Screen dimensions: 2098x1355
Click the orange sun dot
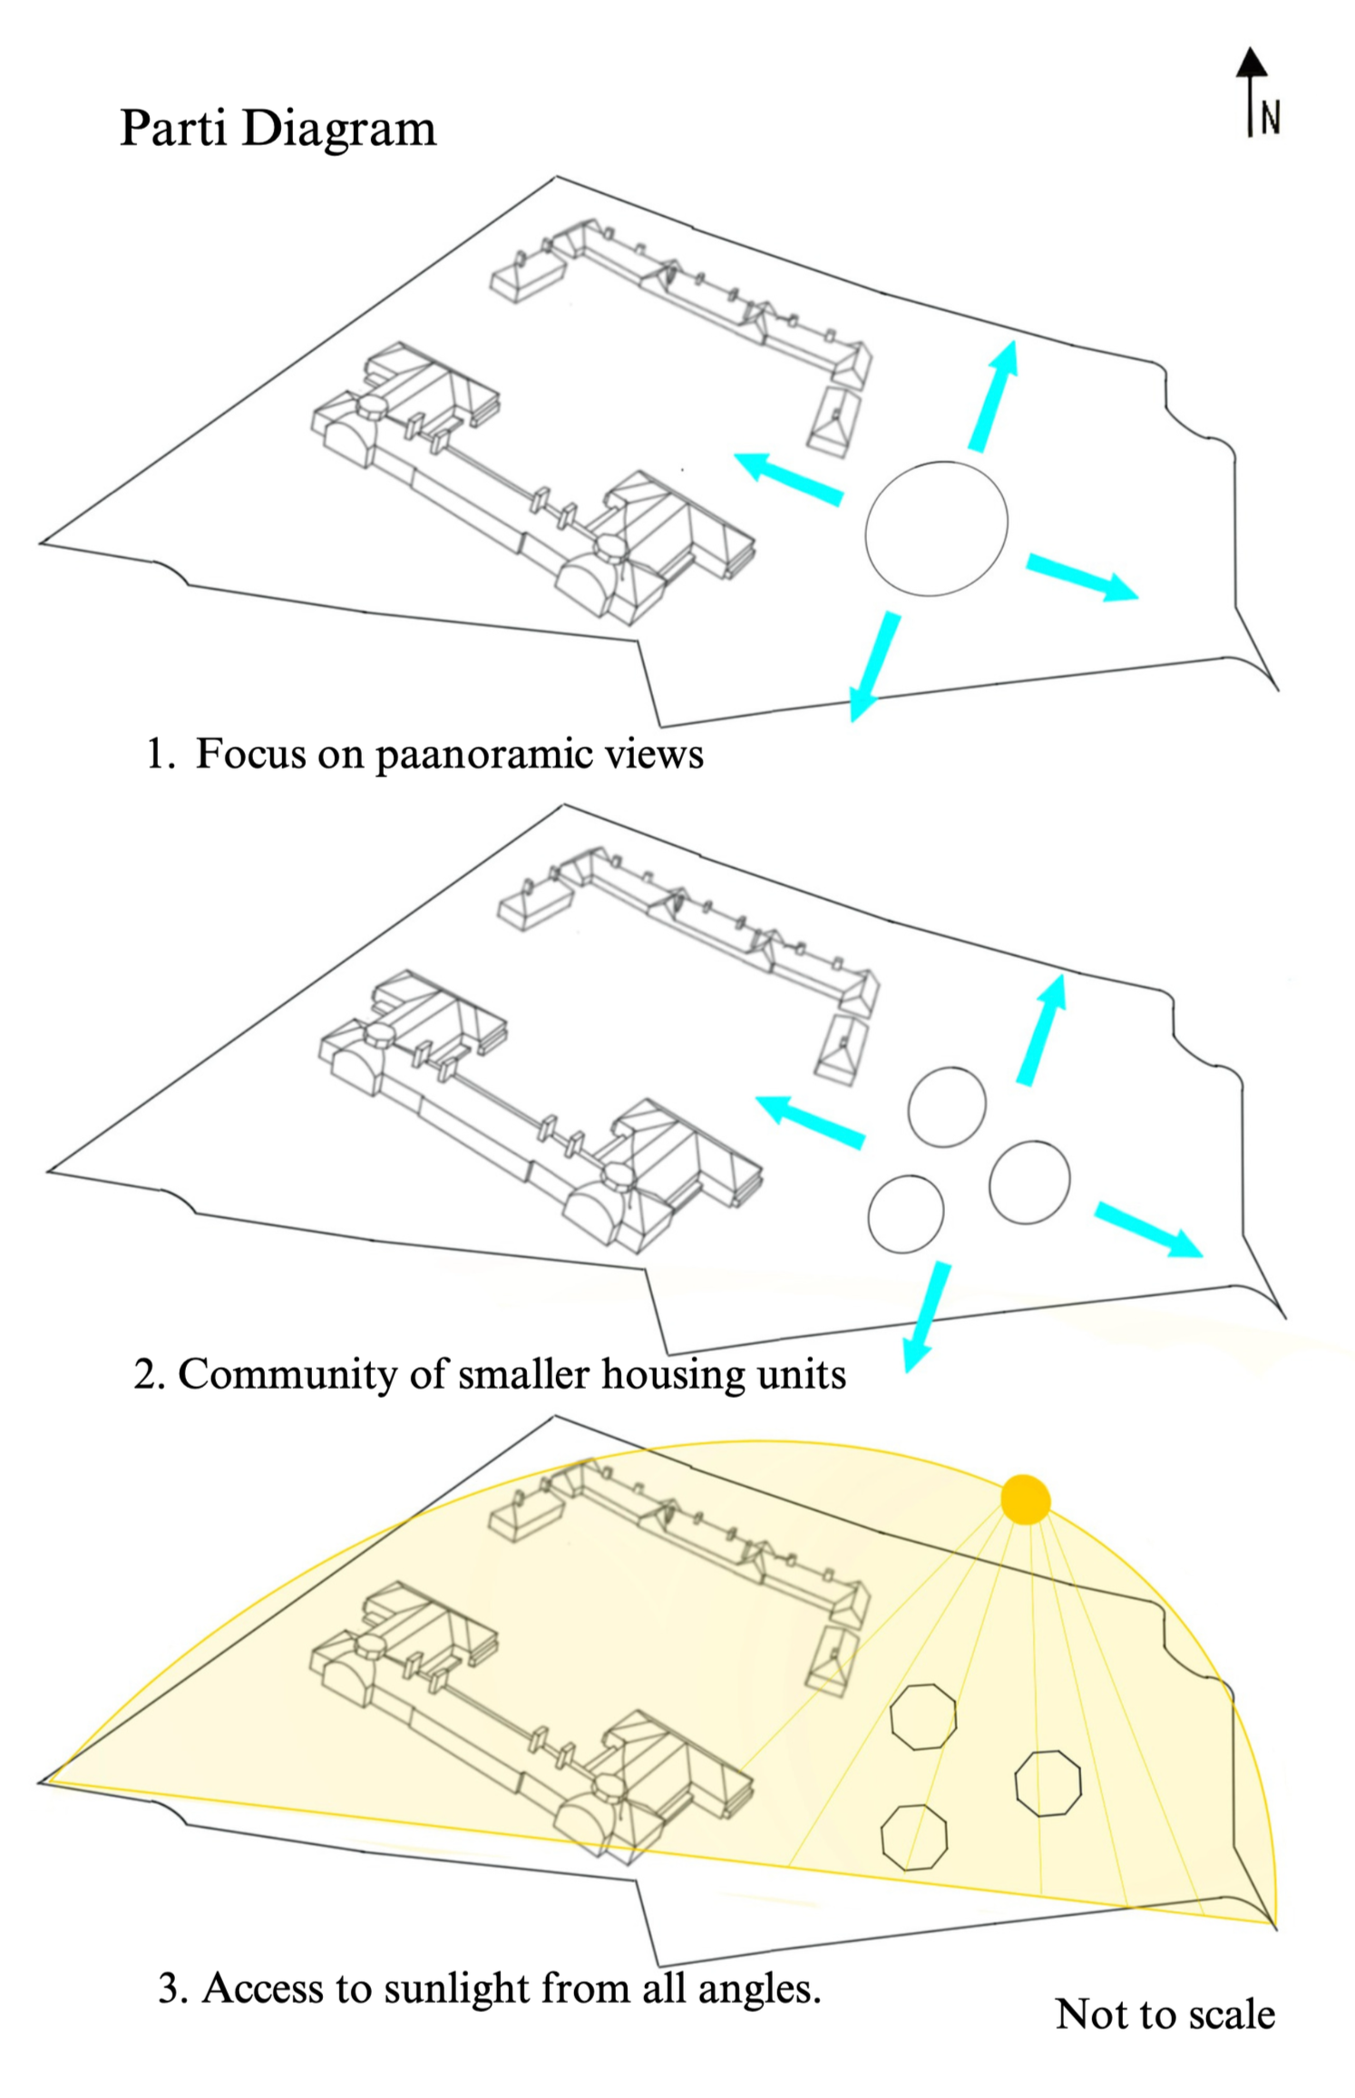(x=1025, y=1498)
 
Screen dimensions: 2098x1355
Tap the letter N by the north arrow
(x=1271, y=119)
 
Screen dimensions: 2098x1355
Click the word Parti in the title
(x=172, y=128)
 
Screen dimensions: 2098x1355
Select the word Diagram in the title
(x=339, y=130)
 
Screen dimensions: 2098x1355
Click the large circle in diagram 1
(x=936, y=528)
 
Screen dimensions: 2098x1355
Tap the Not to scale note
(x=1165, y=2014)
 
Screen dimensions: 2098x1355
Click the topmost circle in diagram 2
(x=947, y=1107)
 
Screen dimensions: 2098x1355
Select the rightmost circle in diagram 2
(x=1029, y=1182)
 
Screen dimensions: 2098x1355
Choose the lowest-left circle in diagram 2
(x=905, y=1214)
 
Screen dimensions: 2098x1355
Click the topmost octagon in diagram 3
(x=922, y=1716)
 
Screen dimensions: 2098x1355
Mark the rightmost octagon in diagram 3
(x=1048, y=1783)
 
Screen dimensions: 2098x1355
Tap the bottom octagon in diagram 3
(x=913, y=1837)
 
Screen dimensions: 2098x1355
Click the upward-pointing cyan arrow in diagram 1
(x=992, y=395)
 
